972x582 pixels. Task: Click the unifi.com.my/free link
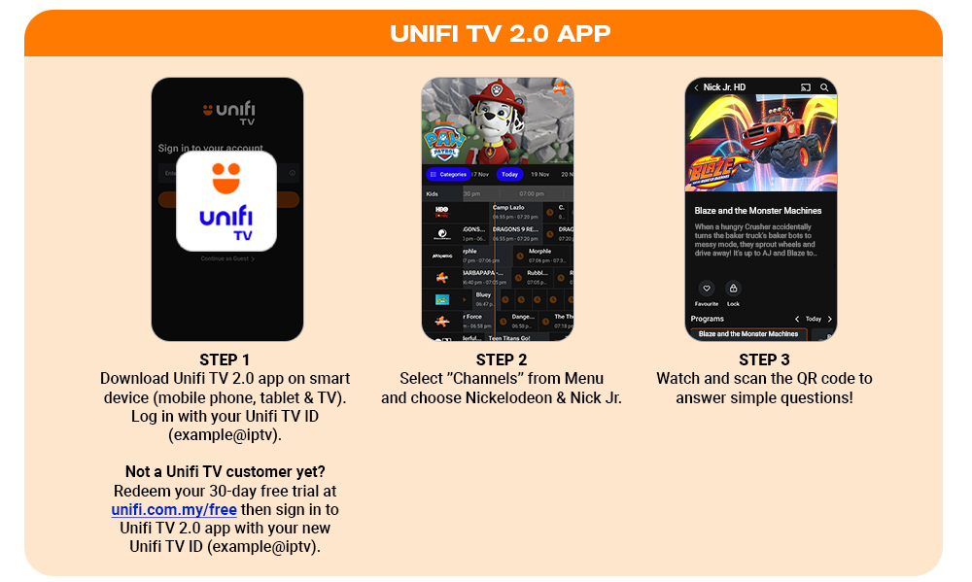174,509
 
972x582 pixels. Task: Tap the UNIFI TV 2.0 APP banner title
500,34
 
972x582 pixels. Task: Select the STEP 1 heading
225,359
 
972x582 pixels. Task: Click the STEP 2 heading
502,359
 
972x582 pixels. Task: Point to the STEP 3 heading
764,359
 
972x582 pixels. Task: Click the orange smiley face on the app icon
226,180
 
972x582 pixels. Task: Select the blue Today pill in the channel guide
509,175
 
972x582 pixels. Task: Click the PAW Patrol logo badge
444,144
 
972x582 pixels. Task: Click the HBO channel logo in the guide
441,210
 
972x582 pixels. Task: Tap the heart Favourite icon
707,289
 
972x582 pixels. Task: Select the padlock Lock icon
733,289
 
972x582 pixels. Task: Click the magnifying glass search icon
824,87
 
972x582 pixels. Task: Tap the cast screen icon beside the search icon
805,87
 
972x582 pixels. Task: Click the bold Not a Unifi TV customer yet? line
225,471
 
